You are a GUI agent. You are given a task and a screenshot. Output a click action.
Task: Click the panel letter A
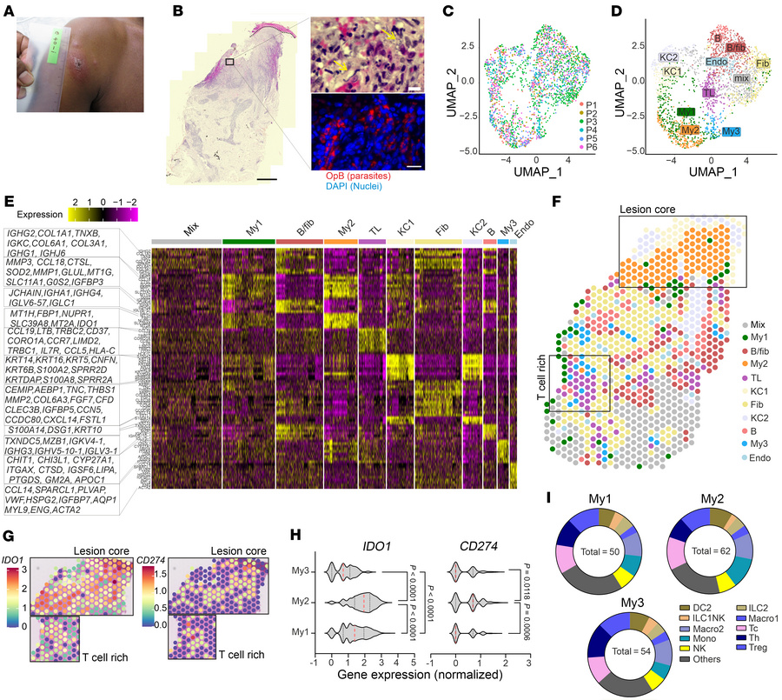pos(8,9)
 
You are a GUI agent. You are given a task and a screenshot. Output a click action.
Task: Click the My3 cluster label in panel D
pos(731,131)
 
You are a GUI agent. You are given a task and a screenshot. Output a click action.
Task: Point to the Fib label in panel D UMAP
pos(761,63)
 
